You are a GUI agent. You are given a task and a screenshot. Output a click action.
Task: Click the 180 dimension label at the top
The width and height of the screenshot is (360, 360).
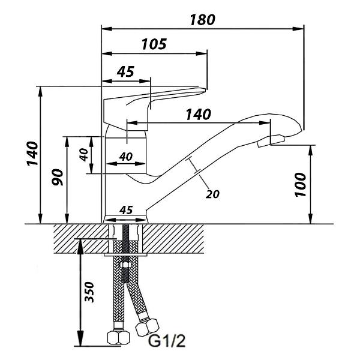coord(202,20)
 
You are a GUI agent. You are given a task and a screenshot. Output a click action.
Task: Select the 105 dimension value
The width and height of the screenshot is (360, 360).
coord(154,44)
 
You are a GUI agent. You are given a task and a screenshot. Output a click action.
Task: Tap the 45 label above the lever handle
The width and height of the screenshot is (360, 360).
coord(125,71)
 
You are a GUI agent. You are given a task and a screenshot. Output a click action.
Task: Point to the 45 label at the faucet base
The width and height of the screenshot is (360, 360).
coord(126,210)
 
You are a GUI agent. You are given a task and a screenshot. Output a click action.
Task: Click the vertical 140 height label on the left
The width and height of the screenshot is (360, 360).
coord(32,154)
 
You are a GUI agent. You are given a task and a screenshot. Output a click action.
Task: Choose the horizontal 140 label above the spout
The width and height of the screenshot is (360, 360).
coord(198,115)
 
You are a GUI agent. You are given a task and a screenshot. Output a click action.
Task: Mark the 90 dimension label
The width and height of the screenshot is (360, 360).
coord(57,177)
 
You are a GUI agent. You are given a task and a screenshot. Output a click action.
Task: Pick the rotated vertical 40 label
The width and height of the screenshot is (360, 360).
coord(83,155)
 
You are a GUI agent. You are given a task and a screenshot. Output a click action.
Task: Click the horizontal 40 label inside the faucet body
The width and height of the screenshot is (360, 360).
coord(126,157)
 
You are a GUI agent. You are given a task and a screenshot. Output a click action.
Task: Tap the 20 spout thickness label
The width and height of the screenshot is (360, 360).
coord(212,194)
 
